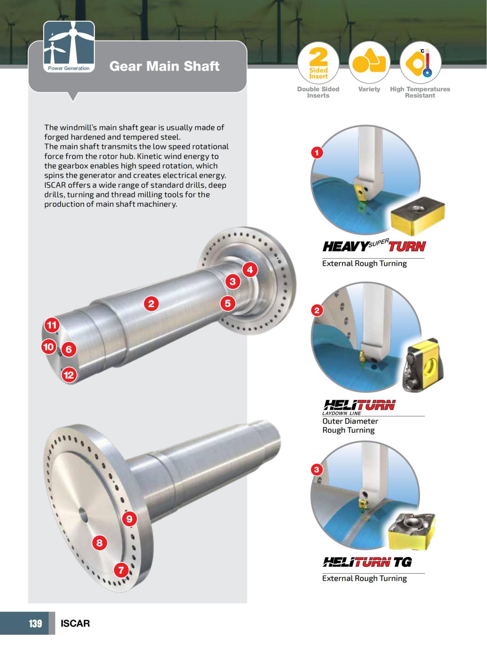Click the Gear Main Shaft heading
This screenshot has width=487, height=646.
tap(164, 66)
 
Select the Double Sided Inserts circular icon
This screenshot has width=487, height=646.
tap(318, 63)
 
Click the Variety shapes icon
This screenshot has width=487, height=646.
tap(369, 63)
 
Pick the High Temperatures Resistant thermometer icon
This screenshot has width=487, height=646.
tap(420, 63)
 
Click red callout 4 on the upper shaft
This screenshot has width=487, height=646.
tap(250, 269)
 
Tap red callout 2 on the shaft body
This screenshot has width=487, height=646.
tap(151, 303)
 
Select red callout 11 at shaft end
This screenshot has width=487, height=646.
tap(52, 325)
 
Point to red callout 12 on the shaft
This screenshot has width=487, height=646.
tap(69, 375)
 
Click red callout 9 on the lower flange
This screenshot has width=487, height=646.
tap(129, 519)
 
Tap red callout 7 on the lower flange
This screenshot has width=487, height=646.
tap(121, 570)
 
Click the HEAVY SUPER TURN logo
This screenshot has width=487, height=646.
tap(374, 246)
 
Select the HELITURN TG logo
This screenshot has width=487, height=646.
tap(367, 562)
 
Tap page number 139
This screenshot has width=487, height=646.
tap(35, 623)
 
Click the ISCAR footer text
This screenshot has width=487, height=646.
tap(75, 623)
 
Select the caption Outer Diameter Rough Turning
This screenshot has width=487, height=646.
tap(350, 426)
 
